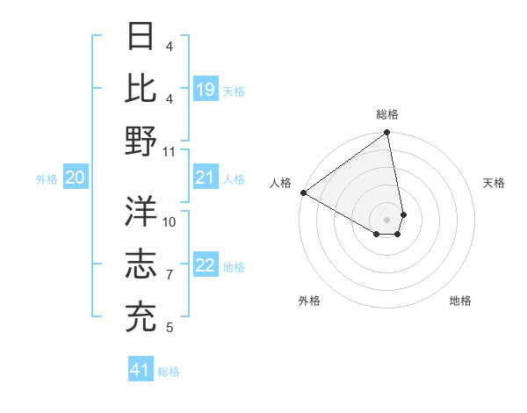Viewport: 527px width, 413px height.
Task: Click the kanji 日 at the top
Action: (141, 36)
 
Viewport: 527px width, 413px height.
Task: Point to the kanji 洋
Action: (141, 211)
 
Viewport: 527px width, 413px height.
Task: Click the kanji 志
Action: (141, 264)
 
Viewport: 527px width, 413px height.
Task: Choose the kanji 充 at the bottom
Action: (141, 317)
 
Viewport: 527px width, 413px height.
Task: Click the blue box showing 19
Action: (206, 90)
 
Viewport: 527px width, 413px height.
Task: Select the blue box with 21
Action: (206, 178)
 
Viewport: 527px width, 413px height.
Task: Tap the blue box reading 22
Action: (206, 266)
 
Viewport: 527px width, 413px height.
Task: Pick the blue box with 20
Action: (75, 178)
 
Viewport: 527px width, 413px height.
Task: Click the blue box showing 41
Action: (141, 371)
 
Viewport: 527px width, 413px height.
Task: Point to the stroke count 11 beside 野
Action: (170, 152)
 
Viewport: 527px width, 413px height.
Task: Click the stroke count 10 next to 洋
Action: (170, 222)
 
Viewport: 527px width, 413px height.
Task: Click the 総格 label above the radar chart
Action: (387, 114)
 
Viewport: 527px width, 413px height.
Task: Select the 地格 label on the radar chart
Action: (460, 301)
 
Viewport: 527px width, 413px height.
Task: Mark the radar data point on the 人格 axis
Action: (303, 192)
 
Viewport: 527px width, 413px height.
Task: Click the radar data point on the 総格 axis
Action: (387, 134)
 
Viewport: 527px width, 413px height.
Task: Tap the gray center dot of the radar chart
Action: (387, 219)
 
